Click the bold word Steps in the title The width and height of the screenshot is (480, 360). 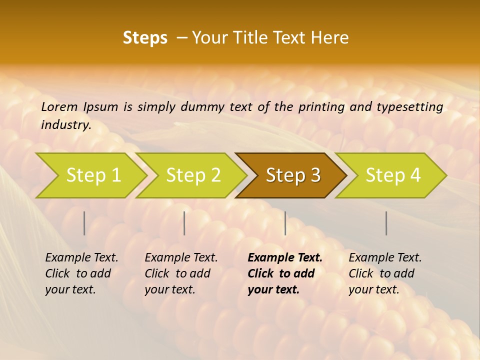(x=145, y=38)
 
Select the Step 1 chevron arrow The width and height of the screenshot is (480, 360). (x=92, y=175)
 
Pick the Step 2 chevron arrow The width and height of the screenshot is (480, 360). (x=192, y=175)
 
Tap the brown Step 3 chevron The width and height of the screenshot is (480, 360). (x=292, y=175)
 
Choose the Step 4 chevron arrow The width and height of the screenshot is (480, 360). (x=392, y=175)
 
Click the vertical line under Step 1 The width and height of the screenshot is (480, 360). (x=84, y=223)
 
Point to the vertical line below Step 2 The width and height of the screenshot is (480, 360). (x=184, y=223)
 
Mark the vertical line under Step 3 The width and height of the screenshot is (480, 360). (x=285, y=223)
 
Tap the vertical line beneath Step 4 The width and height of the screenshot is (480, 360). (x=386, y=223)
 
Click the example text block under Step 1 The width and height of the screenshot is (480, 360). (x=81, y=273)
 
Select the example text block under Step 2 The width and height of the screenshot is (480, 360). (x=181, y=273)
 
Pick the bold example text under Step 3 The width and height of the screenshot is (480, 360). (x=285, y=273)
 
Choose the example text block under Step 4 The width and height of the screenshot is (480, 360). (x=385, y=273)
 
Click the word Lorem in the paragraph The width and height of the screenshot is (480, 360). (x=59, y=106)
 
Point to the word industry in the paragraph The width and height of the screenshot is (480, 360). (x=66, y=124)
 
